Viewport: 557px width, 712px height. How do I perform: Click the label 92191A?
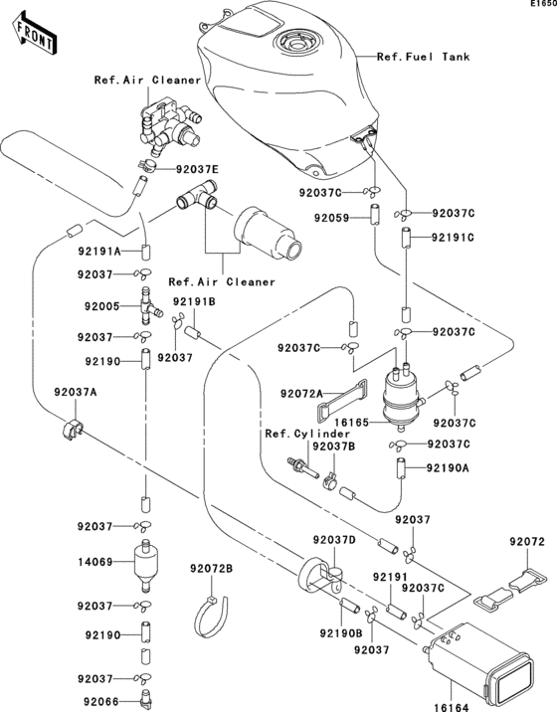tap(103, 254)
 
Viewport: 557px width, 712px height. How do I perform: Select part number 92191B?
tap(194, 301)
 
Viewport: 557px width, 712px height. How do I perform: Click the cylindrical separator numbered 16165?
tap(403, 394)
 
